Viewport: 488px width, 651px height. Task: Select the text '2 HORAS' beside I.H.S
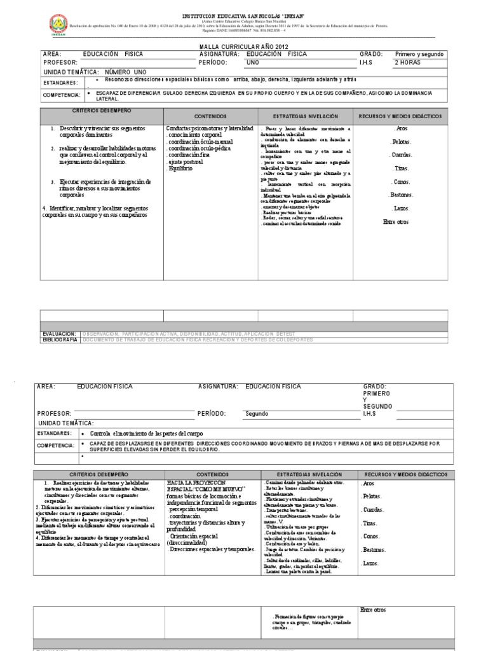coord(409,63)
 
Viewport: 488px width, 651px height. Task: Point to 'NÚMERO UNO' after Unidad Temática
coord(125,72)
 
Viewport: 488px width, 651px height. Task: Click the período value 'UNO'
coord(253,63)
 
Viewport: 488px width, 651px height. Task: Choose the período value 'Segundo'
coord(258,413)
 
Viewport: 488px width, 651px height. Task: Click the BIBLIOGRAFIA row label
coord(60,340)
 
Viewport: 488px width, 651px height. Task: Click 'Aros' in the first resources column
coord(401,128)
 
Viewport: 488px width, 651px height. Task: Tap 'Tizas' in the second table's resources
coord(371,523)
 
